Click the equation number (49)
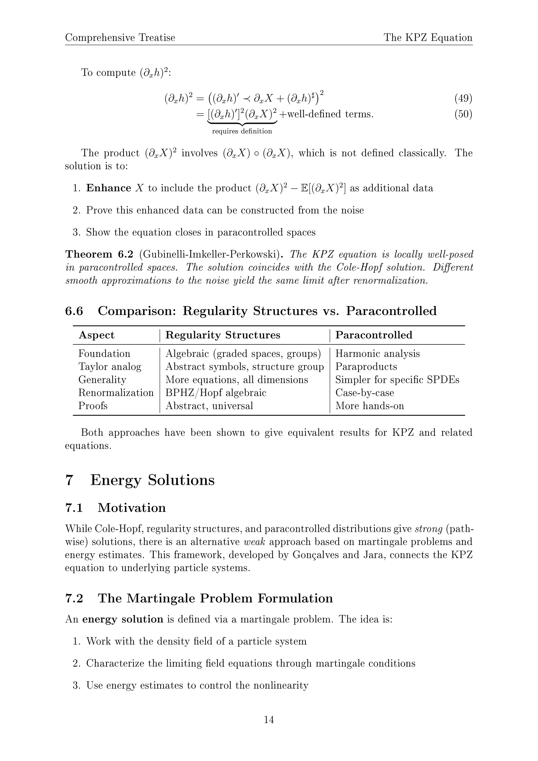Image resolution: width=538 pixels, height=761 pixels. [x=463, y=99]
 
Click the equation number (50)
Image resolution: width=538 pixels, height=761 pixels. [x=463, y=114]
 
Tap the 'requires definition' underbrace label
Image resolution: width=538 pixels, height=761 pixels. [x=242, y=131]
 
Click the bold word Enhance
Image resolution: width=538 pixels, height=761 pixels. [x=108, y=188]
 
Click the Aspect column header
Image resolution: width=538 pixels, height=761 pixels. [x=96, y=335]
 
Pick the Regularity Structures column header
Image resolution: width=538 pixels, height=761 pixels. [x=223, y=335]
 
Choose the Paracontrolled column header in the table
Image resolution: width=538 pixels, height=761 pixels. [x=374, y=335]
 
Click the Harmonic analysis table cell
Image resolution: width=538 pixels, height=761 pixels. [x=377, y=354]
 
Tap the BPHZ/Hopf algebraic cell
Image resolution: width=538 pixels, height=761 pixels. [x=216, y=393]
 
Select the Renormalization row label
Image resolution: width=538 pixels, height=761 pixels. [x=116, y=393]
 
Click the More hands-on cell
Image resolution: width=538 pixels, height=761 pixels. [x=369, y=406]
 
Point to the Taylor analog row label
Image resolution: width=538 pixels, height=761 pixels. [x=110, y=367]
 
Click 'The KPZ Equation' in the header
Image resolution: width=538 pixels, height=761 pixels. [x=428, y=38]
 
